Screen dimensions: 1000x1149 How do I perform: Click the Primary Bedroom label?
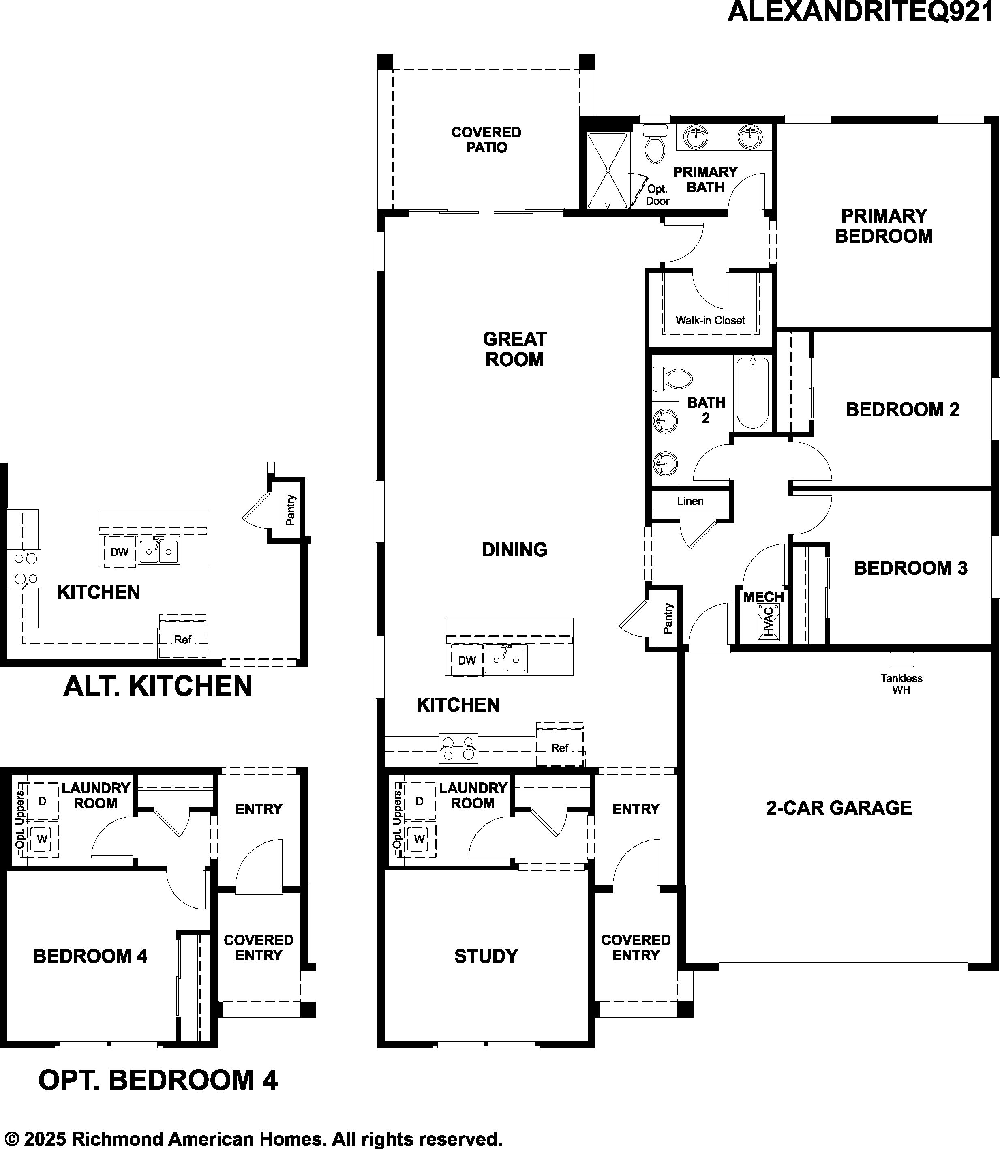click(x=884, y=226)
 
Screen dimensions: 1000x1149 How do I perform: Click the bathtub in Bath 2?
click(x=753, y=393)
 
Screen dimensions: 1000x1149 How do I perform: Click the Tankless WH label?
click(x=901, y=684)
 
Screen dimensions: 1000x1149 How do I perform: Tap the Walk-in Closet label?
click(x=710, y=320)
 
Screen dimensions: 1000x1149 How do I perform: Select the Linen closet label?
click(x=690, y=501)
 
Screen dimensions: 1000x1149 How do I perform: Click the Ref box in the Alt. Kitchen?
click(x=182, y=637)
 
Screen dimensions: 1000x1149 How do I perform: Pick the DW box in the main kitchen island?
click(x=467, y=660)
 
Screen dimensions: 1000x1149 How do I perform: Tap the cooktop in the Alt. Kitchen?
click(x=24, y=569)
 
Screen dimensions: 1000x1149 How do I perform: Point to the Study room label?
click(x=486, y=956)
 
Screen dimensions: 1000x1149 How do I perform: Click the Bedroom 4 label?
click(x=90, y=956)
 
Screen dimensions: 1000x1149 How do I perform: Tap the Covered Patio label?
click(x=486, y=140)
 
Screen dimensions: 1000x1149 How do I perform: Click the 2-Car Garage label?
click(x=839, y=808)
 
